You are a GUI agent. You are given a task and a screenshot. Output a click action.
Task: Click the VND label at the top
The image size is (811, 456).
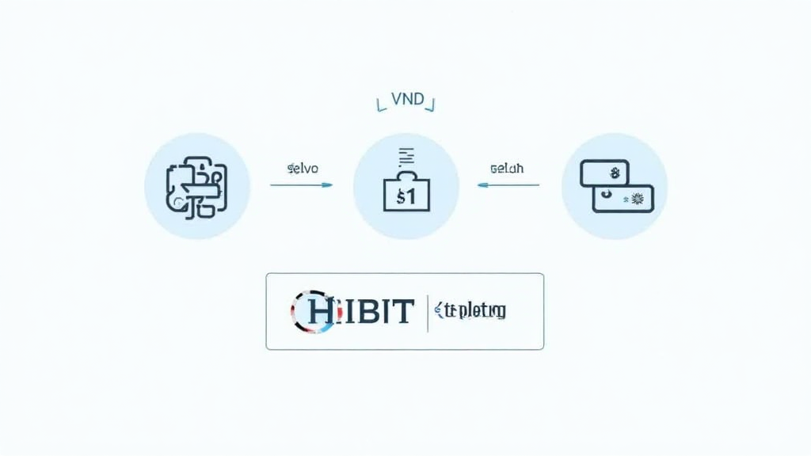pyautogui.click(x=405, y=102)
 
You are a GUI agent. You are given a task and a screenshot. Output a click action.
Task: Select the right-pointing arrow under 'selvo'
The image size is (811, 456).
pyautogui.click(x=301, y=185)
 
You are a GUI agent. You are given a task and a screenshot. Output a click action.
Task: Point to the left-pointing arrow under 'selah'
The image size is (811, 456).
pyautogui.click(x=508, y=185)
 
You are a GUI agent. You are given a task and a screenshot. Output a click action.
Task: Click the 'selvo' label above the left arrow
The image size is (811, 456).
pyautogui.click(x=302, y=169)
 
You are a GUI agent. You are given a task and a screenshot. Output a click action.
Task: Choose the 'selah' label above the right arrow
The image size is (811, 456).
pyautogui.click(x=507, y=169)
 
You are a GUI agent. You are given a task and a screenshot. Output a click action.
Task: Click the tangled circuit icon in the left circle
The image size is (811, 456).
pyautogui.click(x=196, y=187)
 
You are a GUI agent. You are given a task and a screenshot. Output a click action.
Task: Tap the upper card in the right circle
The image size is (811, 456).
pyautogui.click(x=604, y=173)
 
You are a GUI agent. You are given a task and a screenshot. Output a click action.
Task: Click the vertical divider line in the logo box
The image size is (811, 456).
pyautogui.click(x=428, y=312)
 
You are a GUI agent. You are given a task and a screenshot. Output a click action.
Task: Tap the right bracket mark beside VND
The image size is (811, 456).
pyautogui.click(x=433, y=102)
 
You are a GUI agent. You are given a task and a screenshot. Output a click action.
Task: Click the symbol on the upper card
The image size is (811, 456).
pyautogui.click(x=613, y=170)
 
